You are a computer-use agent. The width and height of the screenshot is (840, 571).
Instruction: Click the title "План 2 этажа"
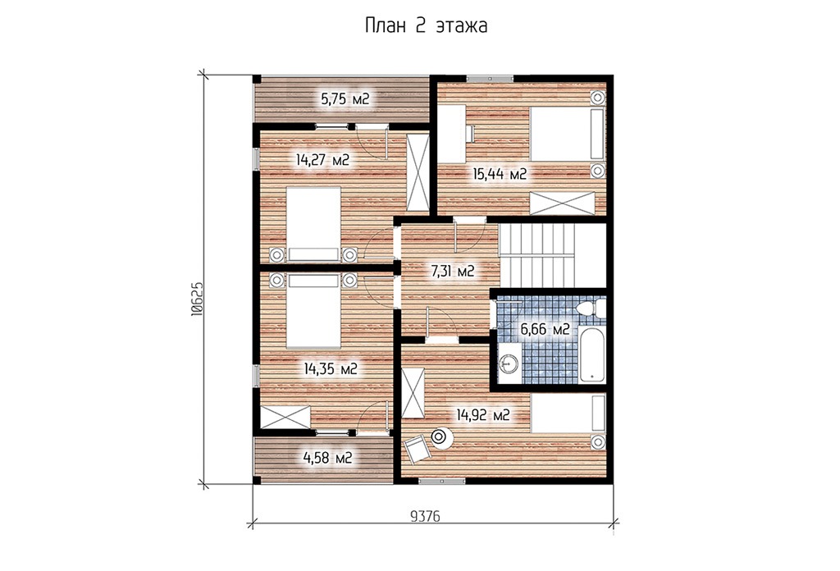click(x=426, y=25)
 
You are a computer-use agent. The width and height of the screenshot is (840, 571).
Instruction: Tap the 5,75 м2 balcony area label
click(x=345, y=99)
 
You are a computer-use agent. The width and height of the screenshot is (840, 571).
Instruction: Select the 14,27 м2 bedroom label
click(x=322, y=160)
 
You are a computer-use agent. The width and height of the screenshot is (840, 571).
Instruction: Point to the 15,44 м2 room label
click(x=500, y=174)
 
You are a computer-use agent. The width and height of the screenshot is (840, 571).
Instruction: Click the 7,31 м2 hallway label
click(x=453, y=272)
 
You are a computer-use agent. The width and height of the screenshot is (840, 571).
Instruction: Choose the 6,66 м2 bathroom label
click(x=545, y=330)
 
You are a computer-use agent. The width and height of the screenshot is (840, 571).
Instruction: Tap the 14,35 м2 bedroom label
click(x=331, y=368)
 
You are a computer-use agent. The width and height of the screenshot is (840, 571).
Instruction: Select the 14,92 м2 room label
click(x=482, y=414)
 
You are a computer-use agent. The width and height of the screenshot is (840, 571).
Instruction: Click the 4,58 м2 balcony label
click(x=327, y=458)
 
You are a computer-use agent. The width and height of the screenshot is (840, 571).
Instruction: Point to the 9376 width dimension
click(x=425, y=516)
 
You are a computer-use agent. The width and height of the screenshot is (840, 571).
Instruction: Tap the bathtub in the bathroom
click(x=591, y=353)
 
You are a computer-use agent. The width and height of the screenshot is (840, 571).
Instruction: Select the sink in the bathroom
click(x=508, y=364)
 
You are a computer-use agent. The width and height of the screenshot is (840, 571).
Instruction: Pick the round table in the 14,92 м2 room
click(x=441, y=437)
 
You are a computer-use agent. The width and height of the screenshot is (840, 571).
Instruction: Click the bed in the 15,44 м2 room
click(x=568, y=134)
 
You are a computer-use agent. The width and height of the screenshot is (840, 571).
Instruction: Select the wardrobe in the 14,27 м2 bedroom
click(x=418, y=173)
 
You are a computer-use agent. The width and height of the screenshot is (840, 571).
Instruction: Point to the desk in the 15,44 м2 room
click(x=452, y=134)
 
